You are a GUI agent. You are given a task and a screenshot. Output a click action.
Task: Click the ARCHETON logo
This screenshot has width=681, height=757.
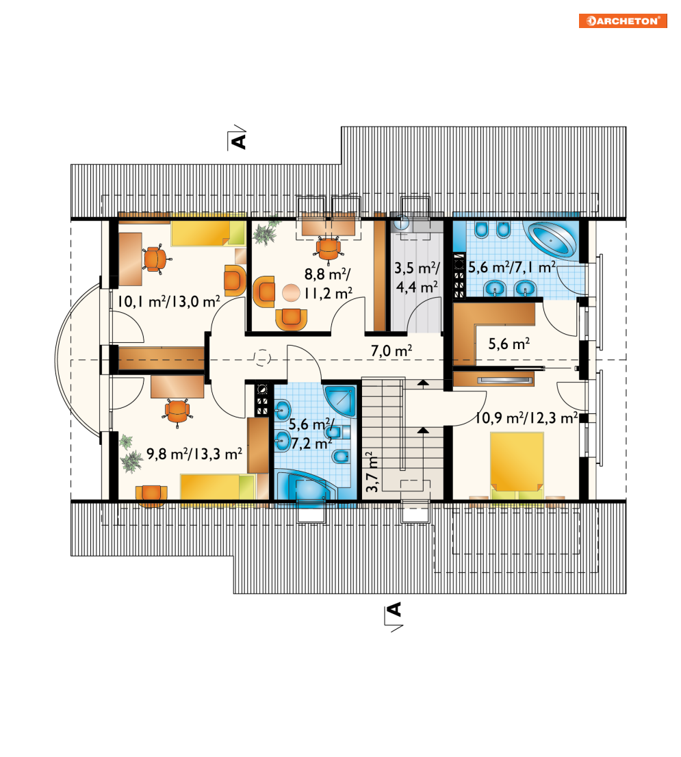(623, 21)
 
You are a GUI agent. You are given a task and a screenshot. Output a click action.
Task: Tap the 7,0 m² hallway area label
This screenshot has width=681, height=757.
(391, 350)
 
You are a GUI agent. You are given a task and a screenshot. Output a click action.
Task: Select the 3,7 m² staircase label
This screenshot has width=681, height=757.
(372, 472)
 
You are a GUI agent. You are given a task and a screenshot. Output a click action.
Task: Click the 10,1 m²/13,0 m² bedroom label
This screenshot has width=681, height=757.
(169, 302)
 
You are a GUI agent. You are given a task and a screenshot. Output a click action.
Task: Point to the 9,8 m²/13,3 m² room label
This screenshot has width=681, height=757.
(194, 454)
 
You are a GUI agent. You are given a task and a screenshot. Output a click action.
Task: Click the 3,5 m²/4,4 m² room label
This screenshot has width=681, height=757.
(417, 277)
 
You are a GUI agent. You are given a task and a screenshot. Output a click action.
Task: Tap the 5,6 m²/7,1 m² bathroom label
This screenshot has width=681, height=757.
(512, 267)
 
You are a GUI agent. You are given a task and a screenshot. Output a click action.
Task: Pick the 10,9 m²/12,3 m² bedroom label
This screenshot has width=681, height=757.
(526, 418)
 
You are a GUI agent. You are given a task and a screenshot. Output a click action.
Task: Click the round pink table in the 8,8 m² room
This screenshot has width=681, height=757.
(291, 292)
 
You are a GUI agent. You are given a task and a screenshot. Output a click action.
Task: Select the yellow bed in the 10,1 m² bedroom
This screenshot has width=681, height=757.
(208, 233)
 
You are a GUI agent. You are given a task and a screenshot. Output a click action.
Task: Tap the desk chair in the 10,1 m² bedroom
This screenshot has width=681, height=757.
(155, 259)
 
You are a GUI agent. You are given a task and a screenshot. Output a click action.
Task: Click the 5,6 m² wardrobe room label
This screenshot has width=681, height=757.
(509, 344)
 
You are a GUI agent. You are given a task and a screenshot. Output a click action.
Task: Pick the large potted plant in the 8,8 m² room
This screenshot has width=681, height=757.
(264, 233)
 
